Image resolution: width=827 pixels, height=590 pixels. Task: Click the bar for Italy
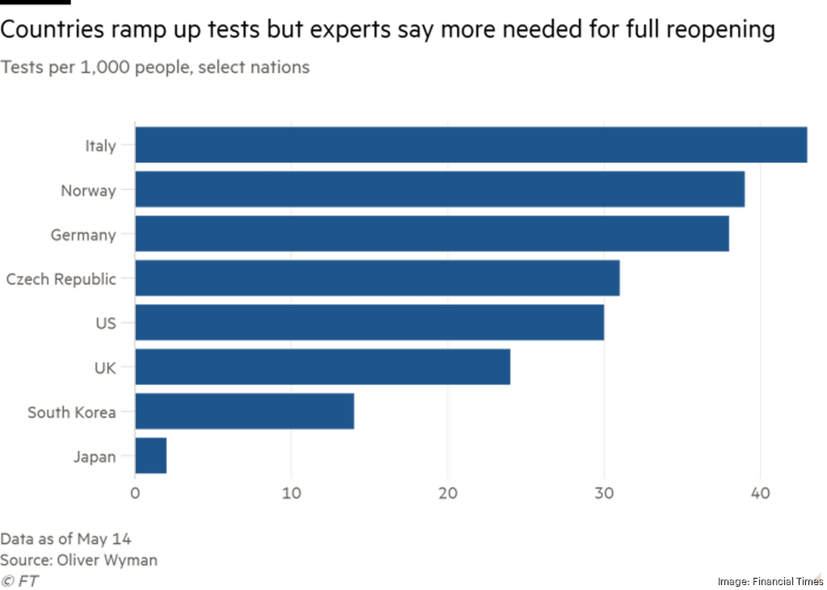(472, 145)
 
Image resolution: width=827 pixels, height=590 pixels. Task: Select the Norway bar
(440, 190)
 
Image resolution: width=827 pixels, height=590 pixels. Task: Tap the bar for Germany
(432, 234)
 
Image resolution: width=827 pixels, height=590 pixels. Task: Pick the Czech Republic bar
(378, 278)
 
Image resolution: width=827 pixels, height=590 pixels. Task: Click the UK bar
(323, 367)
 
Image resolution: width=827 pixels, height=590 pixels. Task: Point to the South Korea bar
(245, 412)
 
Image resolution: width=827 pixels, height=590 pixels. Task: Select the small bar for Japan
(151, 456)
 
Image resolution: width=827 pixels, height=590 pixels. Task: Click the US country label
(105, 324)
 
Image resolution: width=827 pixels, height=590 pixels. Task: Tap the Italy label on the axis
(100, 146)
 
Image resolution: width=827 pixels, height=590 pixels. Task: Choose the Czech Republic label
(61, 279)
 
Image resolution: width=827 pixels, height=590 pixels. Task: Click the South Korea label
(71, 412)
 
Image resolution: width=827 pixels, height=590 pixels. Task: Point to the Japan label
(94, 457)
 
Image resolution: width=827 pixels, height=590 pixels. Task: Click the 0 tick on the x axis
(135, 493)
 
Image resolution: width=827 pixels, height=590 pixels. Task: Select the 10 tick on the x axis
(292, 493)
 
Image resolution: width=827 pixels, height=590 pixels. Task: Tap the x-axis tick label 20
(447, 493)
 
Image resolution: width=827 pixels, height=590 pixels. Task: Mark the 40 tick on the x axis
(759, 493)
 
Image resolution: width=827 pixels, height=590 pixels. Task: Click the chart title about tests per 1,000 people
(155, 68)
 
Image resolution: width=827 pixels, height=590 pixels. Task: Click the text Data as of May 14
(65, 539)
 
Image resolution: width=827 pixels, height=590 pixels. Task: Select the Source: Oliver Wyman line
(78, 560)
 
